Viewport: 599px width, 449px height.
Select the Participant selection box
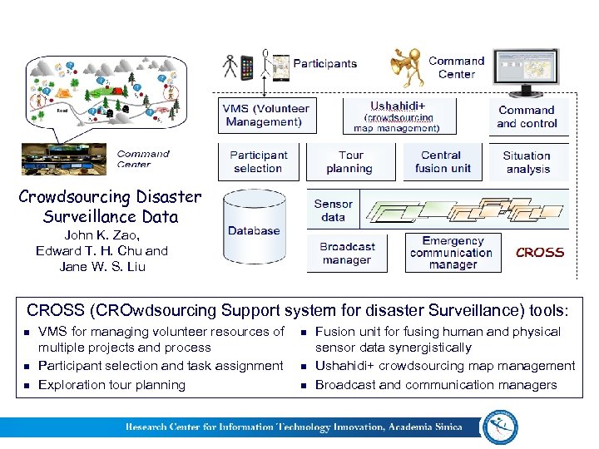[x=258, y=161]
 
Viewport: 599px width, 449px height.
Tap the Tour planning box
[x=350, y=161]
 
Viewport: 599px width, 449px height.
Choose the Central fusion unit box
[x=441, y=161]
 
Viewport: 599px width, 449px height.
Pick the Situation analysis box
[x=527, y=161]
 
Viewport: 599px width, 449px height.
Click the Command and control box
[x=527, y=116]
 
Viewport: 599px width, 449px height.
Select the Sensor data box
[x=333, y=210]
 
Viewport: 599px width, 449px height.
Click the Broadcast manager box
[x=347, y=253]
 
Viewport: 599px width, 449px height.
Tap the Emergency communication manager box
[x=451, y=253]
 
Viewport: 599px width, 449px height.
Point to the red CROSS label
[x=539, y=253]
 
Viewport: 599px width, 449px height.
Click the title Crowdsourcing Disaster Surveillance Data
[x=110, y=207]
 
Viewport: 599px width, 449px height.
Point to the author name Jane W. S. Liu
[x=102, y=267]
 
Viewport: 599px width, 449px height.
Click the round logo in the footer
[x=499, y=426]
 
